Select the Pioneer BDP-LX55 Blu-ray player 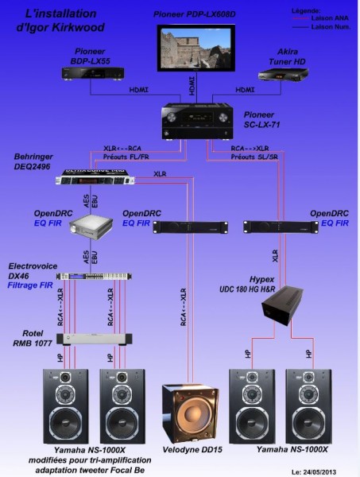pyautogui.click(x=95, y=72)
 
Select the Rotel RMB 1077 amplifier pyautogui.click(x=87, y=339)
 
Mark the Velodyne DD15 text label pyautogui.click(x=191, y=449)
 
